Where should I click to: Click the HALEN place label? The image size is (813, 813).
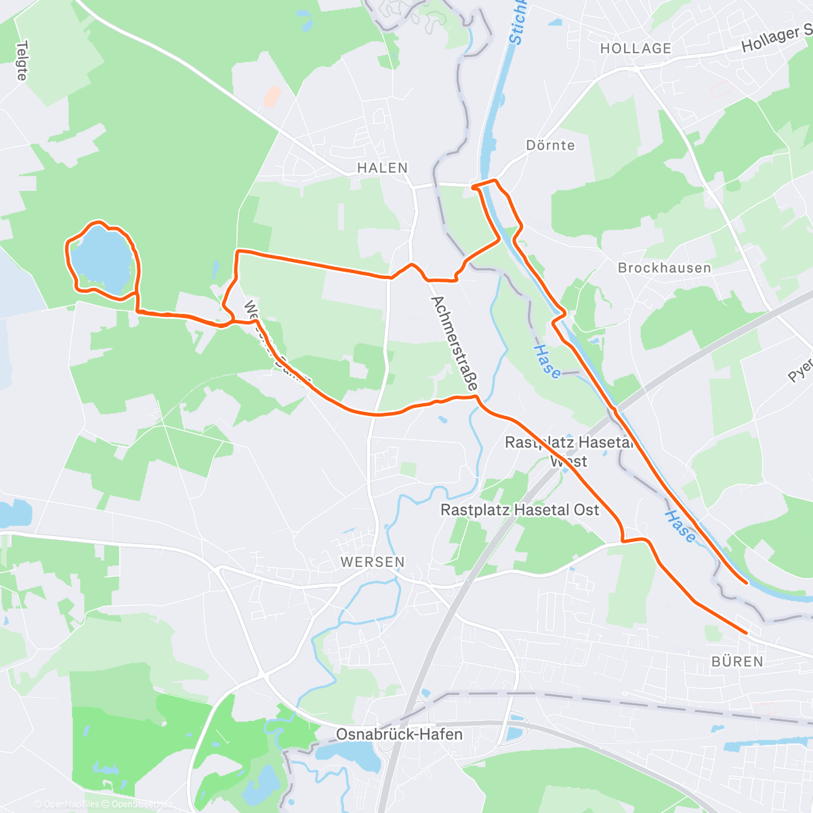tap(383, 168)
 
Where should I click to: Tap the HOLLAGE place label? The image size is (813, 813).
tap(635, 49)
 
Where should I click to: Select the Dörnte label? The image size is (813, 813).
tap(550, 146)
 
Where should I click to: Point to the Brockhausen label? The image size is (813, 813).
tap(664, 268)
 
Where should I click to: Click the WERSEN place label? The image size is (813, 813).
tap(373, 562)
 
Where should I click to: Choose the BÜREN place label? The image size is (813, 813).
tap(737, 661)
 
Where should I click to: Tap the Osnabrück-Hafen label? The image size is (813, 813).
tap(400, 734)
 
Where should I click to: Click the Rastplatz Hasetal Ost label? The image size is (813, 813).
tap(520, 509)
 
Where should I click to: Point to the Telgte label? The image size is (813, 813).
tap(22, 61)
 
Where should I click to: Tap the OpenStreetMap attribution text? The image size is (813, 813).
tap(142, 804)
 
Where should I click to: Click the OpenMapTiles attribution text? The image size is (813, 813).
tap(71, 804)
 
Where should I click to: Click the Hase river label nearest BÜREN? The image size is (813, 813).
tap(680, 527)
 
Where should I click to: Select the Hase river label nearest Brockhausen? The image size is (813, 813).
tap(547, 361)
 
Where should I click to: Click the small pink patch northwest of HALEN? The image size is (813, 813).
tap(272, 96)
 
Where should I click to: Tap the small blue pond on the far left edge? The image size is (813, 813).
tap(14, 514)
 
